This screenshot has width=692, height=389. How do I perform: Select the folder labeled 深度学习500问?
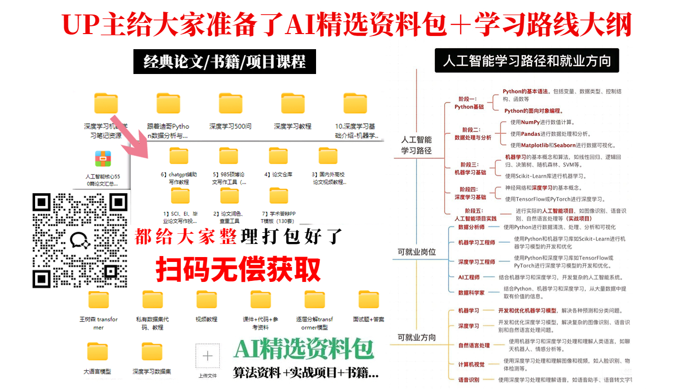[230, 104]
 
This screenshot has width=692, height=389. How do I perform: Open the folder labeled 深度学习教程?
[293, 104]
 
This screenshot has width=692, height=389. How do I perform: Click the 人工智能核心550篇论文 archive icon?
[103, 159]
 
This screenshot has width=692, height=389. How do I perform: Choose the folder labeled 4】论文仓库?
[278, 156]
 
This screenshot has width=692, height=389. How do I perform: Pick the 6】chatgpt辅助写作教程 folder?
[179, 156]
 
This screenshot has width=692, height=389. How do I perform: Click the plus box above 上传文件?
[207, 356]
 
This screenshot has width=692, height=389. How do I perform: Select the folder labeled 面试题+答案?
[368, 299]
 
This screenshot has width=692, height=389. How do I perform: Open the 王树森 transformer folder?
[98, 299]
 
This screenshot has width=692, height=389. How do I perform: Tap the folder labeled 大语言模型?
[97, 352]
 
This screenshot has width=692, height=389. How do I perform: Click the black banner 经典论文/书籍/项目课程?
[224, 62]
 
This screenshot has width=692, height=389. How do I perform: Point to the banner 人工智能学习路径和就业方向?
[526, 61]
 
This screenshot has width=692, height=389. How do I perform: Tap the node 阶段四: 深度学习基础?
[470, 193]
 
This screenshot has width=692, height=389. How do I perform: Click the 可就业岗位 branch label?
[416, 252]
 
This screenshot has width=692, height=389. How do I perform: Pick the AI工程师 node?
[468, 278]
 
